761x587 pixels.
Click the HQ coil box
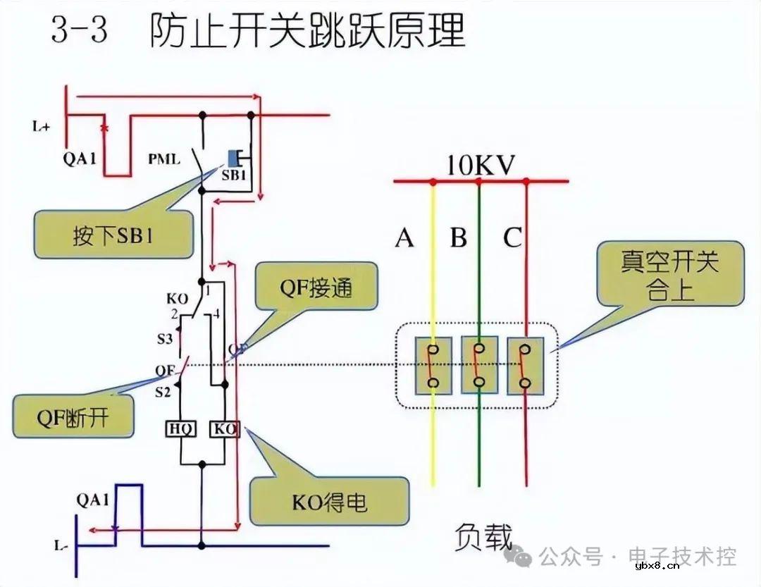[181, 428]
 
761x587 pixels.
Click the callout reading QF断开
[74, 416]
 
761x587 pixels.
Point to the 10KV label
[481, 166]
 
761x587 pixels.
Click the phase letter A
[404, 238]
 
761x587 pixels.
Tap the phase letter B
[459, 238]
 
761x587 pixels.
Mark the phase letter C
[512, 238]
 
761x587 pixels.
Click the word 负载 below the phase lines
[483, 537]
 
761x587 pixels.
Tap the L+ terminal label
[42, 127]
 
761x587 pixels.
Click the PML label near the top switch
[163, 159]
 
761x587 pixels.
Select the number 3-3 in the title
[79, 32]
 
